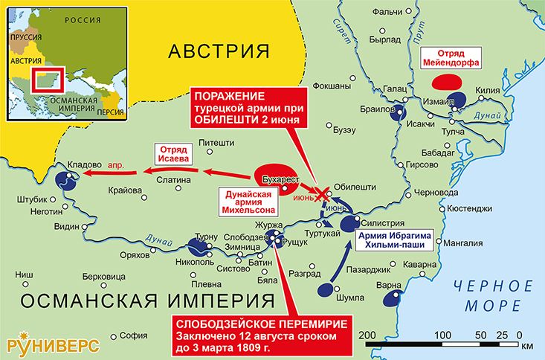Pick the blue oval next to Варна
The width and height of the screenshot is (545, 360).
coord(390,300)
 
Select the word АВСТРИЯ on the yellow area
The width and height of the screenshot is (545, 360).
coord(218,51)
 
